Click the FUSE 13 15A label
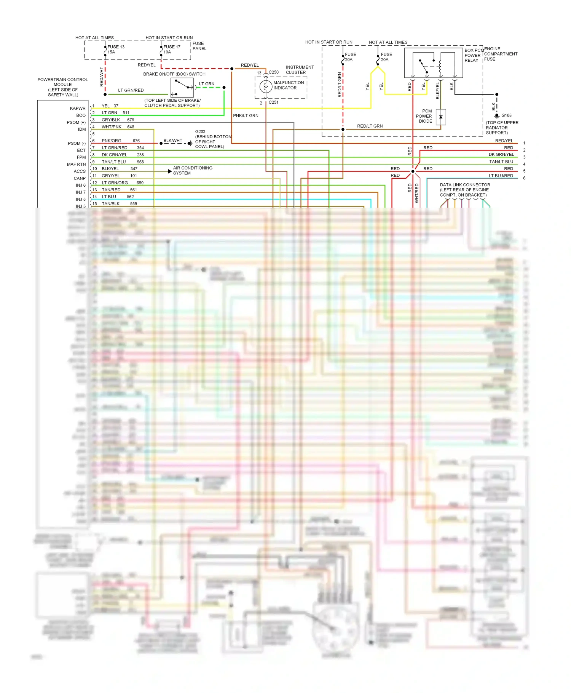[116, 50]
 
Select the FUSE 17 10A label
[172, 50]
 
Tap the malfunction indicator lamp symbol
[266, 86]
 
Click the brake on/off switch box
[182, 87]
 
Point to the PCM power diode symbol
[441, 117]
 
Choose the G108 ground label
[506, 115]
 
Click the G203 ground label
[200, 131]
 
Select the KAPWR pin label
[78, 109]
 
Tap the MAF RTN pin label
[77, 165]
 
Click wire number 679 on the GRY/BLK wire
[131, 120]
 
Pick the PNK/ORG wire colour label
[112, 141]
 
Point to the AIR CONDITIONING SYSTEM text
[193, 170]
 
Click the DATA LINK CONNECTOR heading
[465, 185]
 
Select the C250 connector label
[274, 72]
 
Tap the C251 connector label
[274, 102]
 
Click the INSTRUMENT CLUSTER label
[300, 70]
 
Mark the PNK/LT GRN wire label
[246, 115]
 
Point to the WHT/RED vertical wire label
[417, 193]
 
